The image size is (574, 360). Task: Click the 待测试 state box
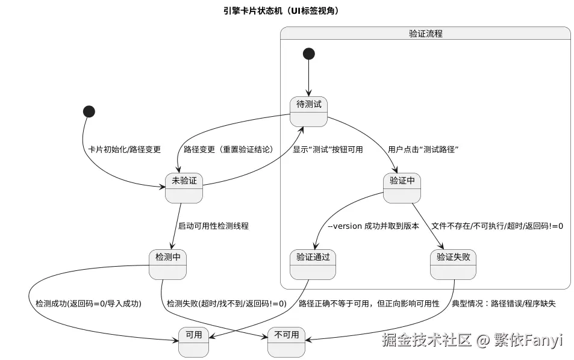click(x=309, y=111)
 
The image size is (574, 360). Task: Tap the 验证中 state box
click(x=401, y=187)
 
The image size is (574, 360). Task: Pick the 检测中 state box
click(x=168, y=264)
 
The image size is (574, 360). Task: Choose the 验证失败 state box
click(x=453, y=264)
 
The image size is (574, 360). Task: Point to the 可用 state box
click(x=193, y=341)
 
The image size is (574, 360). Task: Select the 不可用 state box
click(x=286, y=341)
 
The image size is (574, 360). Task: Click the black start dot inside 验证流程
click(x=309, y=54)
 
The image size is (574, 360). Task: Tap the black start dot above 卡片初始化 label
click(x=89, y=111)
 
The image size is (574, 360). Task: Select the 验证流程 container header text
click(x=425, y=34)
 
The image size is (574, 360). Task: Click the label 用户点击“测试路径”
click(x=424, y=149)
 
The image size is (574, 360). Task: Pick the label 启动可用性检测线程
click(x=213, y=226)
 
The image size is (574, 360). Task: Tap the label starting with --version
click(x=373, y=226)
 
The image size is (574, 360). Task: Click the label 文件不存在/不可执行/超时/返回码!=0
click(x=498, y=226)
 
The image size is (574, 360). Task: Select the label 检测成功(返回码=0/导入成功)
click(x=89, y=303)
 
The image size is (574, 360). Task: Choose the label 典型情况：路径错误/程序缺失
click(x=504, y=303)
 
